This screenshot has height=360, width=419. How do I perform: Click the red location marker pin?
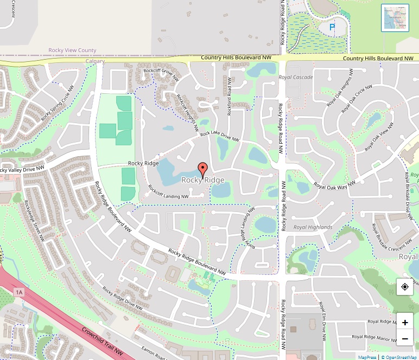(x=203, y=169)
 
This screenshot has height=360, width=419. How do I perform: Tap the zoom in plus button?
(x=405, y=323)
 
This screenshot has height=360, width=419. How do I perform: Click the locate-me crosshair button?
(x=405, y=287)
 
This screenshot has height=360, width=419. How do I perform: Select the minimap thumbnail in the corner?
(x=395, y=18)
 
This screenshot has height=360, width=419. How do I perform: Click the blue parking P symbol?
(x=333, y=26)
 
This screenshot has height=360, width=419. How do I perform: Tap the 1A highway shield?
(x=20, y=292)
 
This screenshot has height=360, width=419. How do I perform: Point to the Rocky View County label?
(x=72, y=50)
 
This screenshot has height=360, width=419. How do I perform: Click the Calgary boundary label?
(x=95, y=61)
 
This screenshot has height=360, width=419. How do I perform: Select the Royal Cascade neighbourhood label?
(x=296, y=78)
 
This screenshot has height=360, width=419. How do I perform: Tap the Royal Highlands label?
(x=312, y=227)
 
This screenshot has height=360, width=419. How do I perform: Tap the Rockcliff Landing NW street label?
(x=168, y=192)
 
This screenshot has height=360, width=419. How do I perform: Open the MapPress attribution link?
(x=367, y=357)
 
